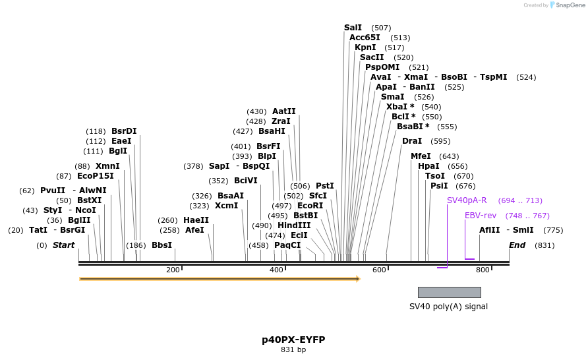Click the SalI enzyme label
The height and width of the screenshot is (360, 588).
pos(353,28)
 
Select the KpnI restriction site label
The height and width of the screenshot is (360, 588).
pos(365,47)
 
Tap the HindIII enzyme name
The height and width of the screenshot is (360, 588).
pos(294,225)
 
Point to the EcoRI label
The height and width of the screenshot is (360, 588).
pos(310,206)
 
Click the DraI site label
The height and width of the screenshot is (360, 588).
pos(412,141)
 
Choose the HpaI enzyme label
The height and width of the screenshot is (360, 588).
pos(428,166)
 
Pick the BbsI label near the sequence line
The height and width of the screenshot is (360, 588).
pos(162,245)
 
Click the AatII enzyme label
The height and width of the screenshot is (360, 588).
pos(284,111)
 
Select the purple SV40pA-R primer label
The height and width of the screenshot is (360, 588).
pos(467,200)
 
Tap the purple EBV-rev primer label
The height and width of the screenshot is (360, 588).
pos(481,216)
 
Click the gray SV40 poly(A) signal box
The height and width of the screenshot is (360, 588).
pos(449,292)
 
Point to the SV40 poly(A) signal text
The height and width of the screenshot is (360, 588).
pos(448,307)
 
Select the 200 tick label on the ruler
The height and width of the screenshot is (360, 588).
pos(173,270)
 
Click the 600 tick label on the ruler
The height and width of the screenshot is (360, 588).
pos(379,270)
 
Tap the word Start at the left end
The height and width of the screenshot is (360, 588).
pos(64,245)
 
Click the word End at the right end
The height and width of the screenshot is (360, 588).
pos(517,245)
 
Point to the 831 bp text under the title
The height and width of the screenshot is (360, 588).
pos(293,350)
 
